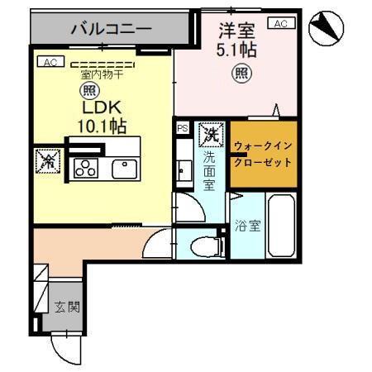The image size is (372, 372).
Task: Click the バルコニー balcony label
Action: coord(111,29)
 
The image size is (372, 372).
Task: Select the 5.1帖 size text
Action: coord(237,50)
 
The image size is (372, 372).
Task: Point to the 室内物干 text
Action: coord(102,74)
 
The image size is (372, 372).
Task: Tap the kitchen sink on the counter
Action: coord(124,168)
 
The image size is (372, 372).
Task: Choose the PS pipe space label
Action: coord(182,129)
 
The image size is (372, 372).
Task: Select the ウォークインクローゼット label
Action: coord(261,154)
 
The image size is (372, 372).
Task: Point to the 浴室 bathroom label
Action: coord(246,224)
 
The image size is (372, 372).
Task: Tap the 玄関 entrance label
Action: coord(68,307)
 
